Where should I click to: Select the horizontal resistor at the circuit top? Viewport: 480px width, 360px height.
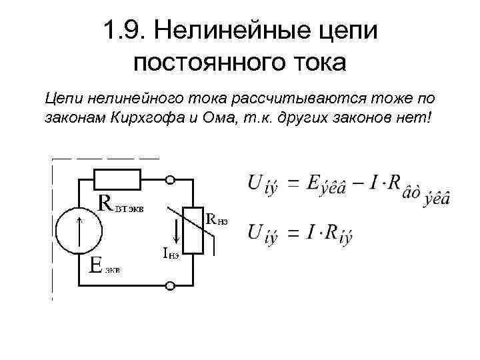117,179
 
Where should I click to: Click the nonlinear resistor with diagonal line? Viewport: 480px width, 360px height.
193,230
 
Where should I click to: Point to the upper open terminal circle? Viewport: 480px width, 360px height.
171,179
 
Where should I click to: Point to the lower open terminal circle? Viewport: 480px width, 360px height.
171,287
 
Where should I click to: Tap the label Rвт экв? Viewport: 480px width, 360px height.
120,203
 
